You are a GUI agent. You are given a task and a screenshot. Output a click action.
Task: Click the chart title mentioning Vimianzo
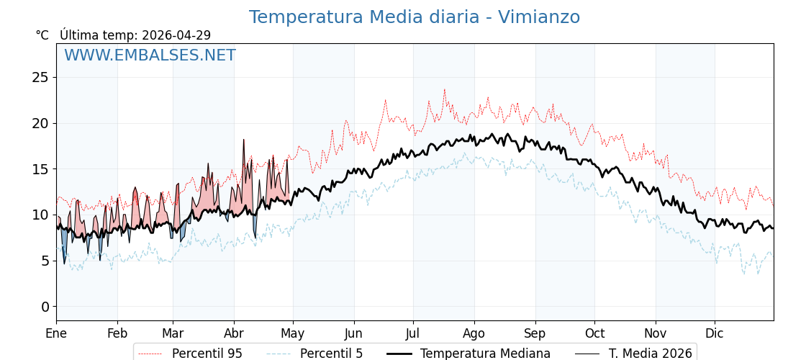point(414,17)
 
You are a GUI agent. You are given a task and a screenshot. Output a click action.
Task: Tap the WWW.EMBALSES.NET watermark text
point(150,55)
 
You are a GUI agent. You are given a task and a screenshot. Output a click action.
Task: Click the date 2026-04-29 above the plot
point(176,35)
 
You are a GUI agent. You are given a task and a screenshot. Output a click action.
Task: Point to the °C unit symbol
point(42,35)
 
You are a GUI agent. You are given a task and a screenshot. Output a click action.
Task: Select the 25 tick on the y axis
point(40,77)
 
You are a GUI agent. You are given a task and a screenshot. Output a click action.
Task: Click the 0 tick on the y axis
point(45,307)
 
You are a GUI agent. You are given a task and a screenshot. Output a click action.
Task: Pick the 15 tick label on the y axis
point(40,169)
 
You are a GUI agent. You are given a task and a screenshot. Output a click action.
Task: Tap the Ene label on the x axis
point(56,333)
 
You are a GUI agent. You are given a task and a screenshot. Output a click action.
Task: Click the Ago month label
point(474,333)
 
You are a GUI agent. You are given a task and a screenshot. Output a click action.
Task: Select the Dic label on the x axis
point(715,333)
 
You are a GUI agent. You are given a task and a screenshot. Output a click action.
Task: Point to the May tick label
point(292,333)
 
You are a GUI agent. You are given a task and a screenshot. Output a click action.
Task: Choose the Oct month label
point(594,333)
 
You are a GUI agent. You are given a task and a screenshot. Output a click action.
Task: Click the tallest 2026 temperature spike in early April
point(244,140)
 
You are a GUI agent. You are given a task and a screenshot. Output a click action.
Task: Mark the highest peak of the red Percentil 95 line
point(445,89)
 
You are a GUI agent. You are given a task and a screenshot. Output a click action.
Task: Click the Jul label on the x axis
point(413,333)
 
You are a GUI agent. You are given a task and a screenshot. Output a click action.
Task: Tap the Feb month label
point(117,333)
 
